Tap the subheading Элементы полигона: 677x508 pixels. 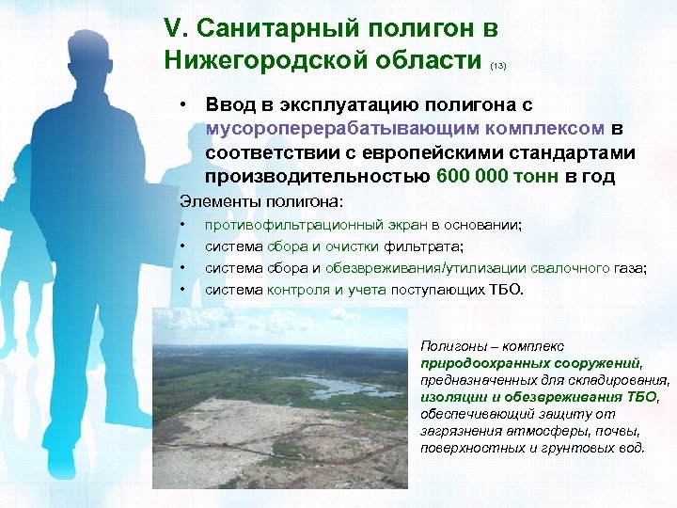(x=262, y=201)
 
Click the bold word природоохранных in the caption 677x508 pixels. (x=476, y=363)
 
